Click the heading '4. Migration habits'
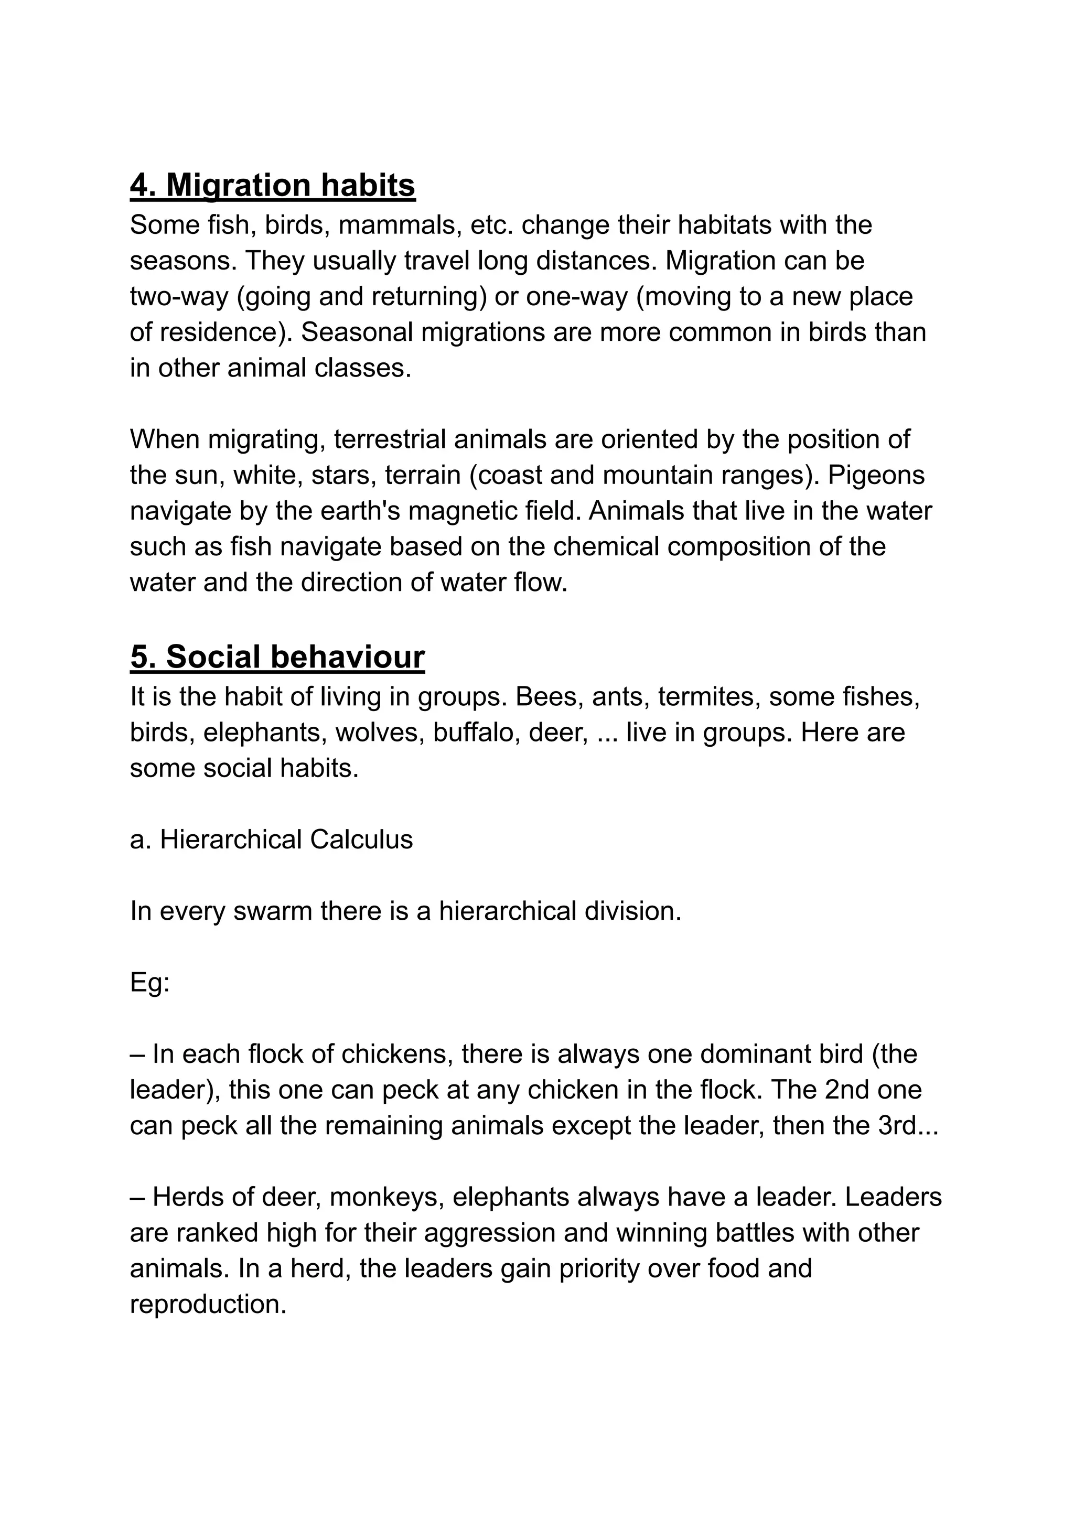[x=273, y=185]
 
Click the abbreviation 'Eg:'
[x=150, y=982]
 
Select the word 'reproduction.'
[x=208, y=1304]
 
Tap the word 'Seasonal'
[x=356, y=332]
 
